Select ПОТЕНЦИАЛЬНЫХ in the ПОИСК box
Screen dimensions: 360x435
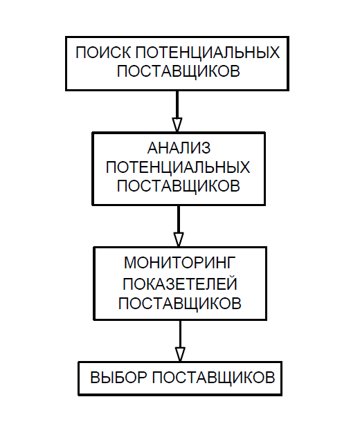point(208,52)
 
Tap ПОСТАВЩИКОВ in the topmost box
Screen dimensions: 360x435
point(179,71)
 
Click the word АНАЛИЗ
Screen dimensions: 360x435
point(179,148)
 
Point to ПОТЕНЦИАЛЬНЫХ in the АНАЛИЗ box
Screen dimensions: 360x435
point(178,167)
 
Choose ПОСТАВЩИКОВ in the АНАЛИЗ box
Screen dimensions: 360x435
point(179,185)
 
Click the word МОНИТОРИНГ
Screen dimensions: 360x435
point(180,262)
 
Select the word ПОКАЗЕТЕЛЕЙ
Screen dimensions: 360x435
point(180,284)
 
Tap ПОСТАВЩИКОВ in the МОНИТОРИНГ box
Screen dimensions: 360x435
point(180,303)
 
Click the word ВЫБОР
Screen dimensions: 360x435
point(118,378)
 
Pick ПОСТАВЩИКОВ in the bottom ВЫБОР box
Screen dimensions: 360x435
point(214,378)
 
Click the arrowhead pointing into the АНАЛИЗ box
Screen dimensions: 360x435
point(177,125)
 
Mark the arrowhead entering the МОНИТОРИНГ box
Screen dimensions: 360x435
point(179,239)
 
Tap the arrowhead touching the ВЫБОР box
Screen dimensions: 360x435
point(180,354)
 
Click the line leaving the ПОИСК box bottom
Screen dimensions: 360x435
point(177,104)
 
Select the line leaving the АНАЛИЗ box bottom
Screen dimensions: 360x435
point(179,219)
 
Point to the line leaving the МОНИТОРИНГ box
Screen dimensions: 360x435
point(180,334)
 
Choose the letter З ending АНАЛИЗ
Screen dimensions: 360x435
point(206,148)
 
